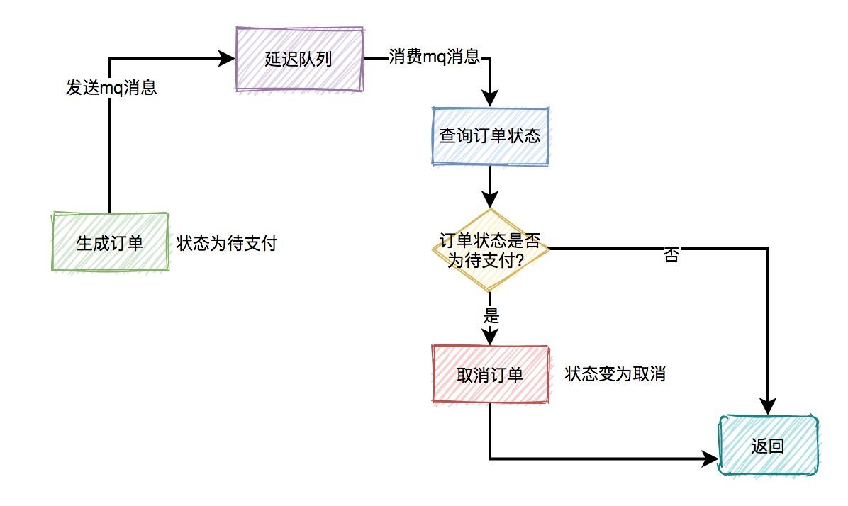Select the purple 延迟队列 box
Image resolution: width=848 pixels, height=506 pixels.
299,59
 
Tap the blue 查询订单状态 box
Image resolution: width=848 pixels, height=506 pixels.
491,135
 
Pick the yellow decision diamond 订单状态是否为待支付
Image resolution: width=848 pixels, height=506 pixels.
491,249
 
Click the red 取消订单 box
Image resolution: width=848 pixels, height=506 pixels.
491,374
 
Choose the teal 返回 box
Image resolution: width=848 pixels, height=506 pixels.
768,446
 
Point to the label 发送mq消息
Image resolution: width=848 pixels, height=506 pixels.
111,89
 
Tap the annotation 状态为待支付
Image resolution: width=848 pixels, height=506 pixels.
226,244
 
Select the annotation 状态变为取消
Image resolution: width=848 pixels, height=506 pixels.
615,374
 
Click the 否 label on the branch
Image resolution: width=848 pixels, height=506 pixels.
671,256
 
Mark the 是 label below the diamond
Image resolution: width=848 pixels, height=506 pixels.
491,316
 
